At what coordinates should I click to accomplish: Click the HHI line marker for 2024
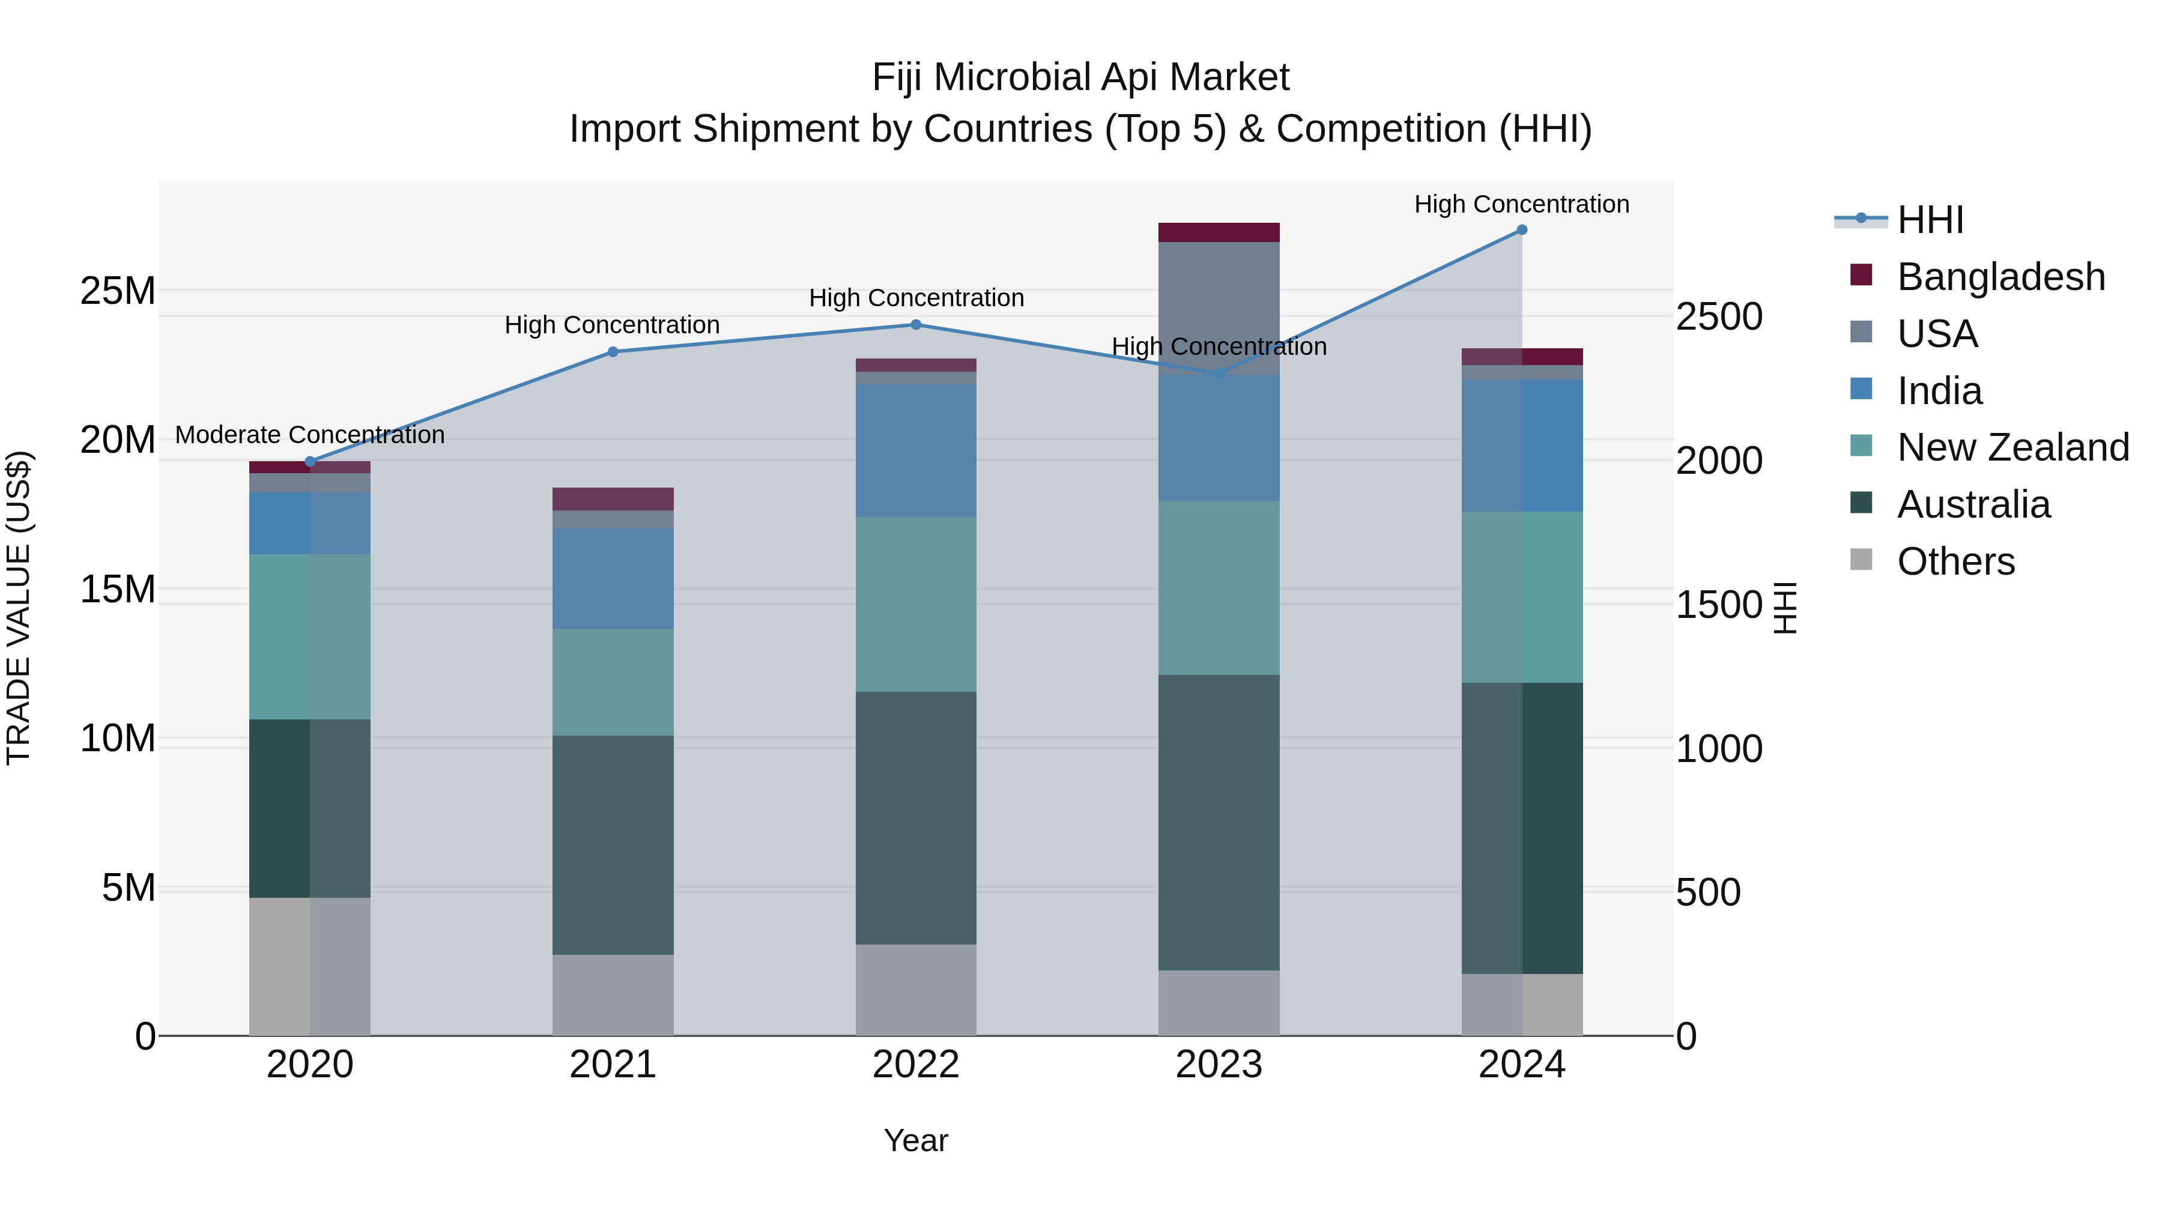pyautogui.click(x=1522, y=230)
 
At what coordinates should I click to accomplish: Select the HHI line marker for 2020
pyautogui.click(x=310, y=462)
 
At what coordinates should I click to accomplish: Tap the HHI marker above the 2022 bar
pyautogui.click(x=916, y=325)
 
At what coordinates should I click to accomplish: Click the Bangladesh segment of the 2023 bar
pyautogui.click(x=1219, y=232)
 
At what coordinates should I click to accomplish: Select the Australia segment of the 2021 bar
pyautogui.click(x=613, y=844)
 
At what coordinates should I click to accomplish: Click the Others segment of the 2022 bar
pyautogui.click(x=916, y=990)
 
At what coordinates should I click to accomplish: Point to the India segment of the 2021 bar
pyautogui.click(x=613, y=578)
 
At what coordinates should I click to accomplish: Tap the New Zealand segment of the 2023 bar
pyautogui.click(x=1219, y=587)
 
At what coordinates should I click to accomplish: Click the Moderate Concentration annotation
pyautogui.click(x=310, y=435)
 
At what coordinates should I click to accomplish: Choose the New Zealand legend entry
pyautogui.click(x=2012, y=447)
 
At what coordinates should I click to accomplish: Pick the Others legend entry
pyautogui.click(x=1955, y=561)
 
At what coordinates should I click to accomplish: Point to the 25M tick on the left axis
pyautogui.click(x=118, y=291)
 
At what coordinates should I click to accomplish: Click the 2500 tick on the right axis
pyautogui.click(x=1719, y=317)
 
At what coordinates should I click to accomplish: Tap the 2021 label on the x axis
pyautogui.click(x=613, y=1065)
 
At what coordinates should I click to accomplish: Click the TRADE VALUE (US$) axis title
pyautogui.click(x=19, y=608)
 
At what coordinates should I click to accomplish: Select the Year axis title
pyautogui.click(x=916, y=1140)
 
